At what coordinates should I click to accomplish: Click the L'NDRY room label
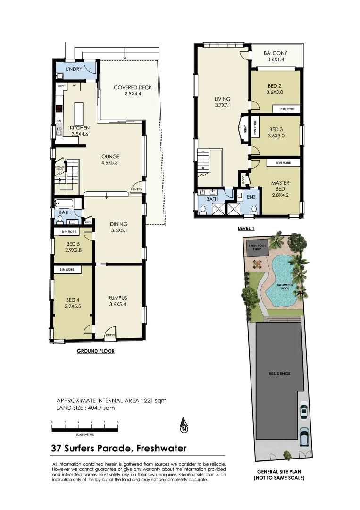(74, 69)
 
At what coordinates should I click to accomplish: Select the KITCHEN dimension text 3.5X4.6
(80, 134)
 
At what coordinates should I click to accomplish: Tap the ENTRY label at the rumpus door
(110, 336)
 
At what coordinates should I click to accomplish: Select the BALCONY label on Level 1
(275, 54)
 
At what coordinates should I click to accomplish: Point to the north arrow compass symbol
(184, 426)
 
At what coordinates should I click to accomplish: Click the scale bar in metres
(85, 429)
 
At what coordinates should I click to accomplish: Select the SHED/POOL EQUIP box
(258, 247)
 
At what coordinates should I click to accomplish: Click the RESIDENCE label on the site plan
(279, 374)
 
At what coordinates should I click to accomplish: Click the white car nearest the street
(304, 438)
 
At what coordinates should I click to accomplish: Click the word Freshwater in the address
(161, 448)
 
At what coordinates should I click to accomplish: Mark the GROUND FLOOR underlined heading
(96, 351)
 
